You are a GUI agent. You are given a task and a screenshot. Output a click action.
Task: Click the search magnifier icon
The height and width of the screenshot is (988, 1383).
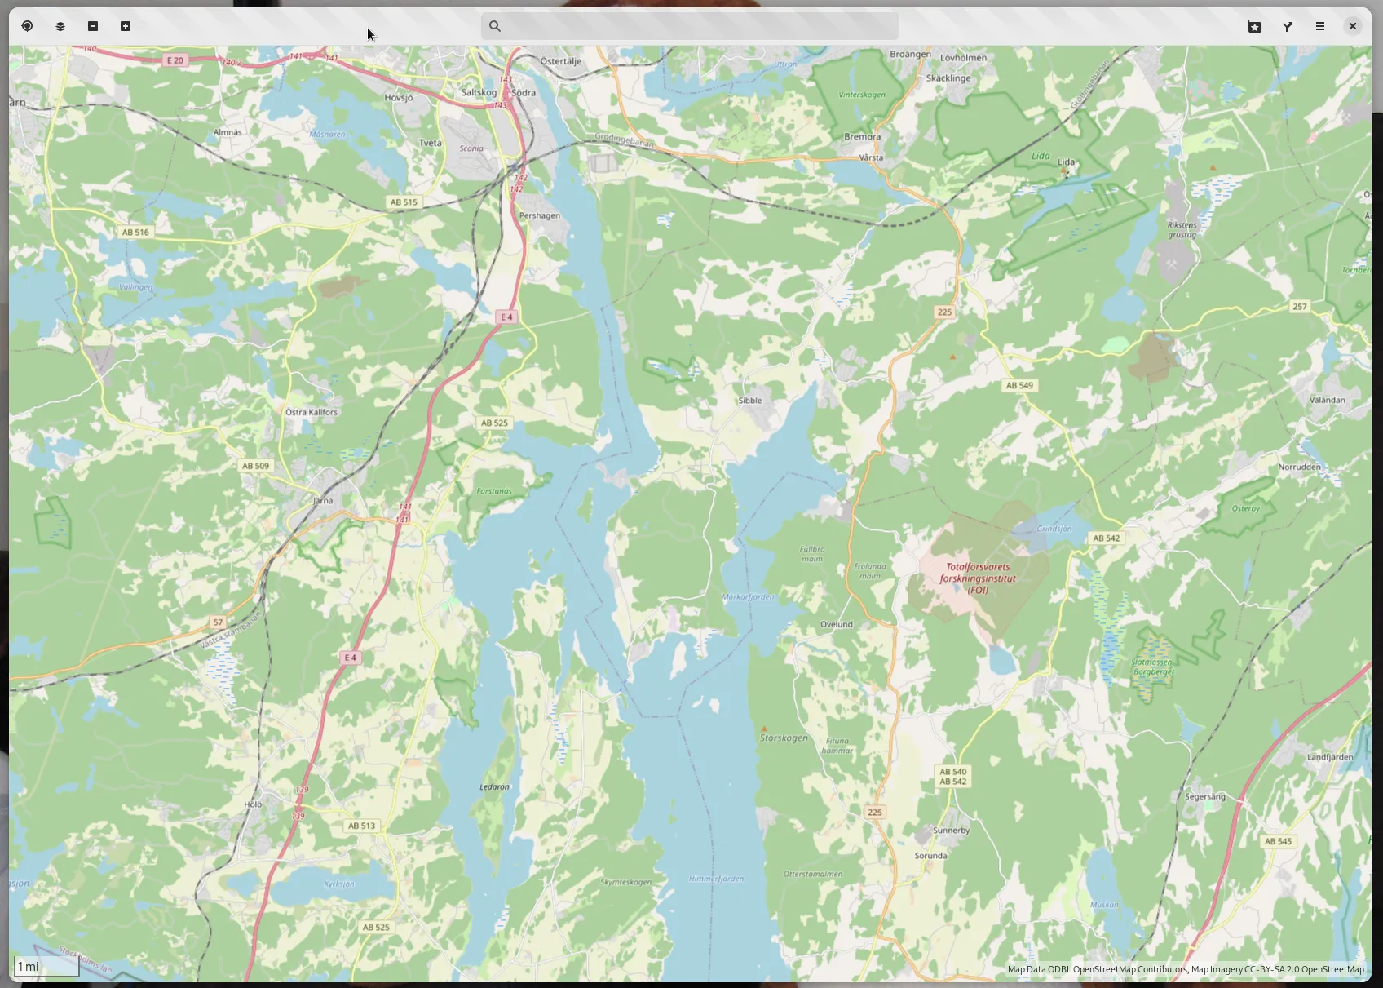(x=495, y=26)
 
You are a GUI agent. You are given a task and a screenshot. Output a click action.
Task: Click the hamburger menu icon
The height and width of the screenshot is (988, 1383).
(x=1319, y=27)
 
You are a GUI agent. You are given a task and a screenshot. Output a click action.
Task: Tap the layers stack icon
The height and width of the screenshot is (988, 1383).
(x=60, y=27)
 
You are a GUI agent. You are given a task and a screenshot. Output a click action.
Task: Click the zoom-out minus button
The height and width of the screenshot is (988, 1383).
(x=93, y=26)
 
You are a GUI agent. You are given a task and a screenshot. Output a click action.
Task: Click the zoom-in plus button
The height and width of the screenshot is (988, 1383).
(x=126, y=26)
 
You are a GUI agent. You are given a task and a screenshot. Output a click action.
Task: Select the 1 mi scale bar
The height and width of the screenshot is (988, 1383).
(x=46, y=966)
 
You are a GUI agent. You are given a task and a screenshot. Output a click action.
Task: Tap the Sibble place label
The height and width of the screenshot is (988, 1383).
(x=749, y=401)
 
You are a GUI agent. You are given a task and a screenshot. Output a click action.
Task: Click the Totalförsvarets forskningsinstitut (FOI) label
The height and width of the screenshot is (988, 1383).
(x=978, y=578)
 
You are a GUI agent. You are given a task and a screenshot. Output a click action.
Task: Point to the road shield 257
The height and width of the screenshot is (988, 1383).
(x=1299, y=307)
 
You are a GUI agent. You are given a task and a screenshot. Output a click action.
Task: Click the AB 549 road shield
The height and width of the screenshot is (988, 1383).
(x=1019, y=385)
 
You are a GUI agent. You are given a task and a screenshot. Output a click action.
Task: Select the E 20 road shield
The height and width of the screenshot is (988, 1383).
(x=175, y=60)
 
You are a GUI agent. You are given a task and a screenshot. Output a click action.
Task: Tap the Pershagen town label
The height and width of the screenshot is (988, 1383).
(x=539, y=216)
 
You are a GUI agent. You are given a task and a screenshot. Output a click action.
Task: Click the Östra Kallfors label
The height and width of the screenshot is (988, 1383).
(x=312, y=412)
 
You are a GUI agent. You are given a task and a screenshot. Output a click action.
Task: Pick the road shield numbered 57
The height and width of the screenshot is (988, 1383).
(x=218, y=622)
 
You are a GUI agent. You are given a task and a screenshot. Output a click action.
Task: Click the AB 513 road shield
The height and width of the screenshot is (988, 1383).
(x=361, y=826)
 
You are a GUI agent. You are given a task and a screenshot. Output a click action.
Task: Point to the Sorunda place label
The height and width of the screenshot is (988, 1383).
(x=930, y=856)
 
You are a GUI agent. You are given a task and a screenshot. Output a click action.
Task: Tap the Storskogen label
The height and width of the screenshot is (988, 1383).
(x=784, y=738)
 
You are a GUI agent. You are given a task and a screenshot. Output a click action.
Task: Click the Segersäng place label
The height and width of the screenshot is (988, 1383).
(x=1204, y=796)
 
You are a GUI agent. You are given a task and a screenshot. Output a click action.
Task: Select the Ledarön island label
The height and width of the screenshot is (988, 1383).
(x=494, y=787)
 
